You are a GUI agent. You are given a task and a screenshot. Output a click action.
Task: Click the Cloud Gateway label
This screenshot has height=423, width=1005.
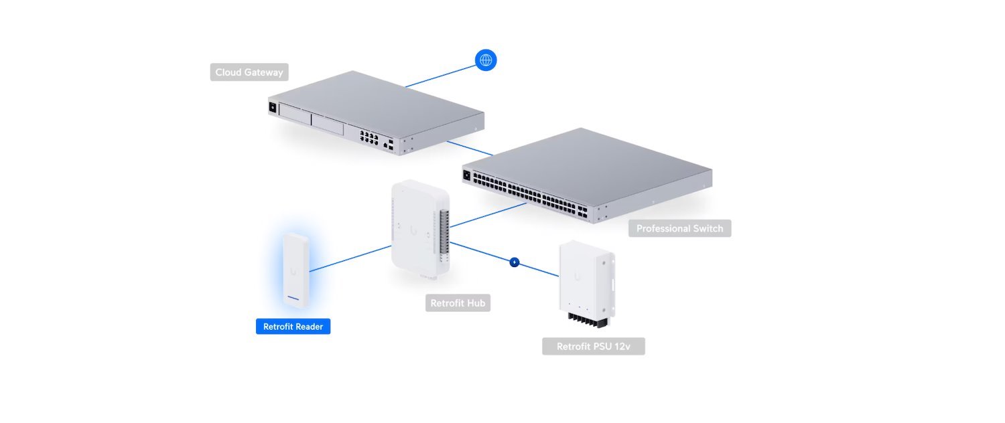pyautogui.click(x=249, y=72)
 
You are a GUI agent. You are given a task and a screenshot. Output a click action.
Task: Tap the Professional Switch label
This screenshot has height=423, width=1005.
pyautogui.click(x=679, y=228)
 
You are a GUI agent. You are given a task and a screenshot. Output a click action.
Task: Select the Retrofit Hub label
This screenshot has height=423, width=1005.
pyautogui.click(x=458, y=303)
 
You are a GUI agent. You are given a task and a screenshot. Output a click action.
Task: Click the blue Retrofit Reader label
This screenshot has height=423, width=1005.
pyautogui.click(x=293, y=327)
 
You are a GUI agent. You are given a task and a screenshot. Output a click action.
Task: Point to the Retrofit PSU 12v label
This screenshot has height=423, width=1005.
pyautogui.click(x=593, y=347)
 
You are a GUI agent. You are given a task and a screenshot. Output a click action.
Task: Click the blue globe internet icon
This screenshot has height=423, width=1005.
pyautogui.click(x=486, y=60)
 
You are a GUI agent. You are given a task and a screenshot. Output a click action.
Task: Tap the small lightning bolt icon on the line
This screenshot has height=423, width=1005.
pyautogui.click(x=514, y=262)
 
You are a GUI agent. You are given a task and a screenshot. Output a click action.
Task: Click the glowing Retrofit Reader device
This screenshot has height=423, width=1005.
pyautogui.click(x=295, y=270)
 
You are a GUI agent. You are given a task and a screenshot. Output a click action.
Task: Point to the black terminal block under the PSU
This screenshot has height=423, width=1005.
pyautogui.click(x=588, y=323)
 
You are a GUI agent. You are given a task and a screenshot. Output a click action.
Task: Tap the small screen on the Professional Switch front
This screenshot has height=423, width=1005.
pyautogui.click(x=466, y=175)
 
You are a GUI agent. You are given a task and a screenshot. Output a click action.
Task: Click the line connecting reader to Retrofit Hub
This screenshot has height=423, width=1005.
pyautogui.click(x=350, y=258)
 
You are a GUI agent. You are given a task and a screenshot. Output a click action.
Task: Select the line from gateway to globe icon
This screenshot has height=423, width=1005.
pyautogui.click(x=439, y=75)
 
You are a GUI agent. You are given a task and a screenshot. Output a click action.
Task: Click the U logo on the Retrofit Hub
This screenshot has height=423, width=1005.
pyautogui.click(x=413, y=230)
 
